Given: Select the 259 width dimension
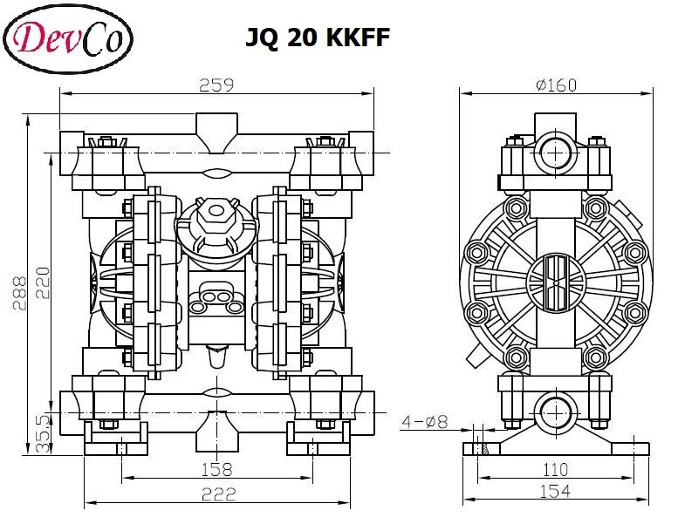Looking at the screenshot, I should [x=216, y=85].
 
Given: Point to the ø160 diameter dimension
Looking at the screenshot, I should [x=556, y=85].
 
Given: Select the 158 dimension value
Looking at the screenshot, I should [x=216, y=470].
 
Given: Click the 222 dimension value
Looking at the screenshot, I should [x=218, y=494].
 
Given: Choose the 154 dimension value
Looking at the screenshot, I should [x=555, y=493].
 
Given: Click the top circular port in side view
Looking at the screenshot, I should [x=555, y=154].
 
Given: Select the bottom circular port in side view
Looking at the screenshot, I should [x=555, y=409].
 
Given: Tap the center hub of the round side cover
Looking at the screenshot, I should [x=555, y=281].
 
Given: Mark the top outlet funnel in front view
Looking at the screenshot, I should [x=216, y=131].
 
